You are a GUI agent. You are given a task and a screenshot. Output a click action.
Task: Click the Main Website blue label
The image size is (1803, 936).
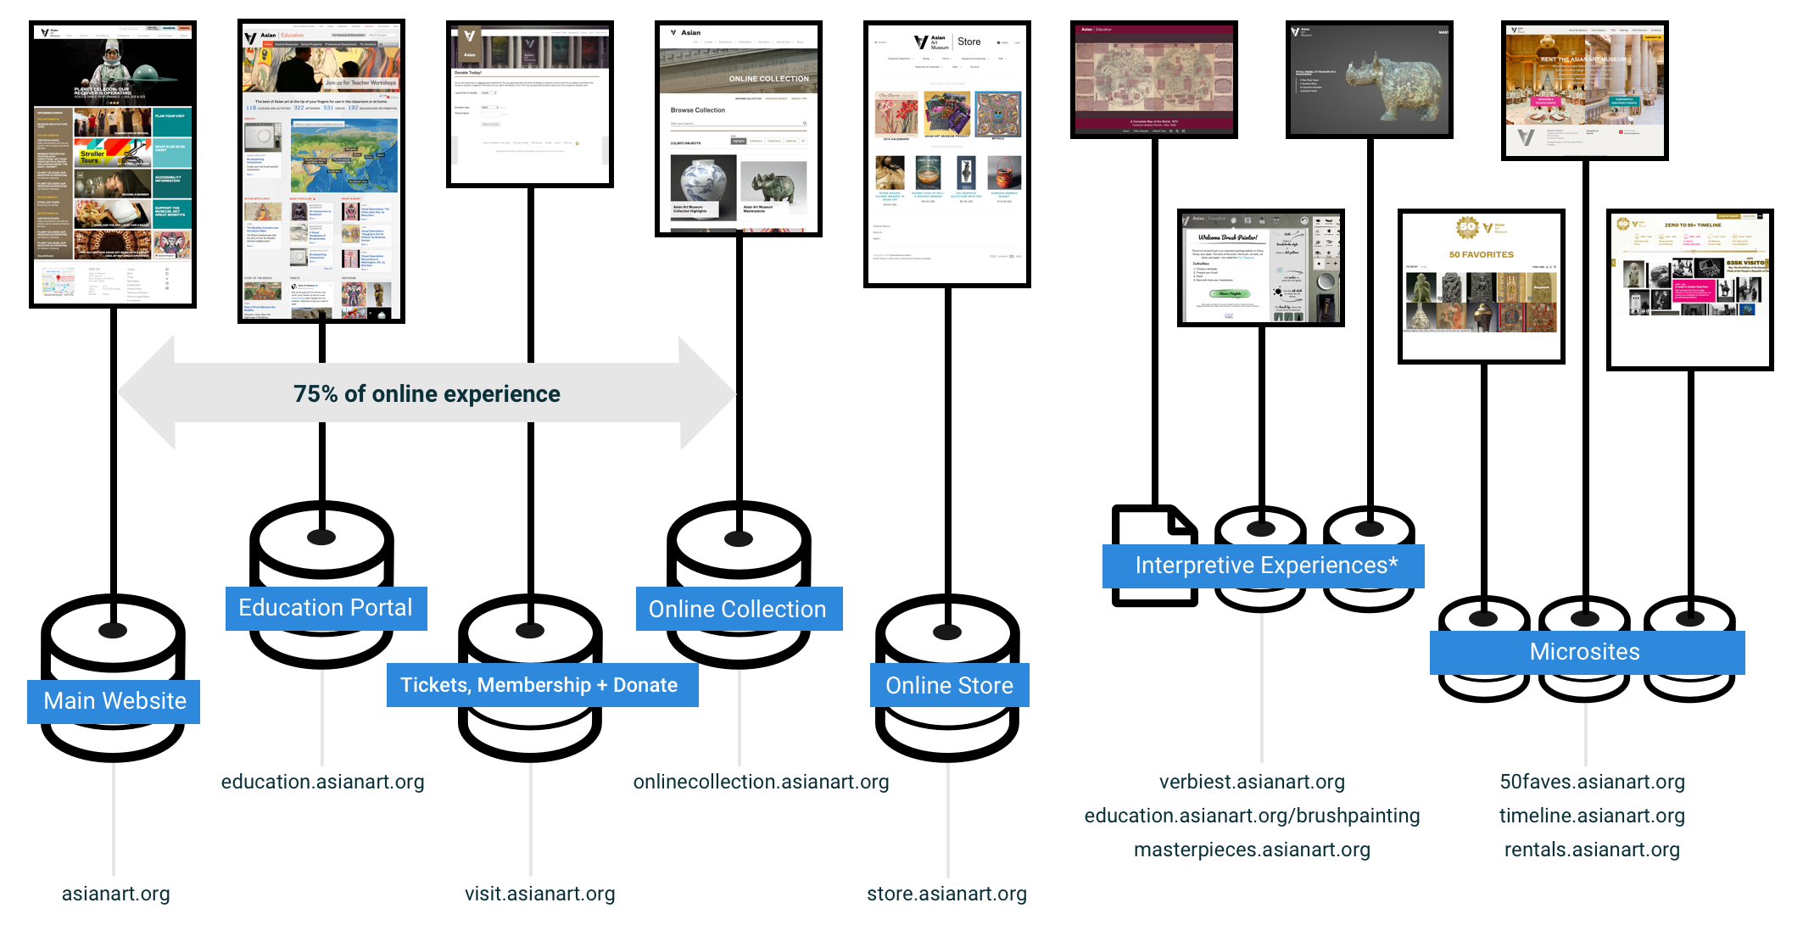click(x=114, y=701)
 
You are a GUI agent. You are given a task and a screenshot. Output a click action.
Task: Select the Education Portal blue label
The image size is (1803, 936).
click(x=326, y=608)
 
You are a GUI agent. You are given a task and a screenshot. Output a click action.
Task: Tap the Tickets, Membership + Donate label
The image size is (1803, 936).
click(x=541, y=685)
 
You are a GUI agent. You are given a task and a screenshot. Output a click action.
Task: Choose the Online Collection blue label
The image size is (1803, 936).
click(x=738, y=609)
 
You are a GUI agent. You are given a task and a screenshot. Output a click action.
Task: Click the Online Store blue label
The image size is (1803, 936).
click(x=949, y=685)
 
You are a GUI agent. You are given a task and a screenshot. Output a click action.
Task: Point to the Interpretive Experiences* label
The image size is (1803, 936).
click(x=1264, y=565)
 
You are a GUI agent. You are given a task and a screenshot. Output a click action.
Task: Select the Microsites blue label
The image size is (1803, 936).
click(x=1585, y=652)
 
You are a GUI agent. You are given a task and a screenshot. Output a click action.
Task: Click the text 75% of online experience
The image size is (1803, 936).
click(x=427, y=394)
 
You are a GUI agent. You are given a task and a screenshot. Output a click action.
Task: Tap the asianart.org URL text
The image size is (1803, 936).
click(x=116, y=894)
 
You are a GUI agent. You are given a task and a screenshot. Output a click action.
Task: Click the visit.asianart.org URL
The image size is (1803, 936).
click(x=540, y=894)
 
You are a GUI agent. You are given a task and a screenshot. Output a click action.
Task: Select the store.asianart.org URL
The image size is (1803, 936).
click(x=947, y=894)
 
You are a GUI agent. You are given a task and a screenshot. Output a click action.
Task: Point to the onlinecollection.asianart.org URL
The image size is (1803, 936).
click(x=761, y=782)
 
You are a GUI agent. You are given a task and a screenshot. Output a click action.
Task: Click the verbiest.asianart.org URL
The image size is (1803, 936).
click(x=1252, y=782)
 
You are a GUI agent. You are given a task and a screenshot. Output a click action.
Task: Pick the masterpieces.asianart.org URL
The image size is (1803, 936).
click(x=1252, y=850)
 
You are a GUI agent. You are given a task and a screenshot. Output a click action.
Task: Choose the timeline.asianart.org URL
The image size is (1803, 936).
click(x=1592, y=816)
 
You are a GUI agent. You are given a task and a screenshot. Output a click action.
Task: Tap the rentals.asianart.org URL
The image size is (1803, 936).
click(x=1592, y=850)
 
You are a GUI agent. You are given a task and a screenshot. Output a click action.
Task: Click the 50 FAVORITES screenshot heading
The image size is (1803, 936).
click(x=1481, y=254)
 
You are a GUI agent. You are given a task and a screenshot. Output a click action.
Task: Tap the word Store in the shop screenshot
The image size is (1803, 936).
click(x=969, y=42)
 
